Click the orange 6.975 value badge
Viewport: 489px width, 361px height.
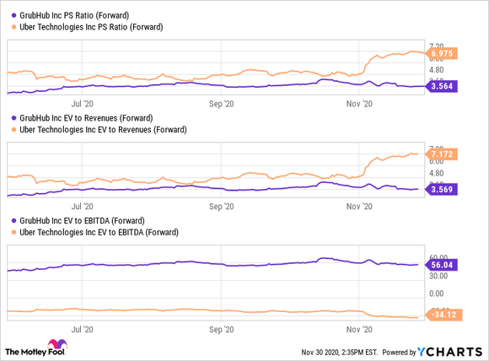click(442, 54)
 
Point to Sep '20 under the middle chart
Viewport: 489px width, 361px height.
click(221, 205)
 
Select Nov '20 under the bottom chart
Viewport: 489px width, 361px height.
click(360, 331)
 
